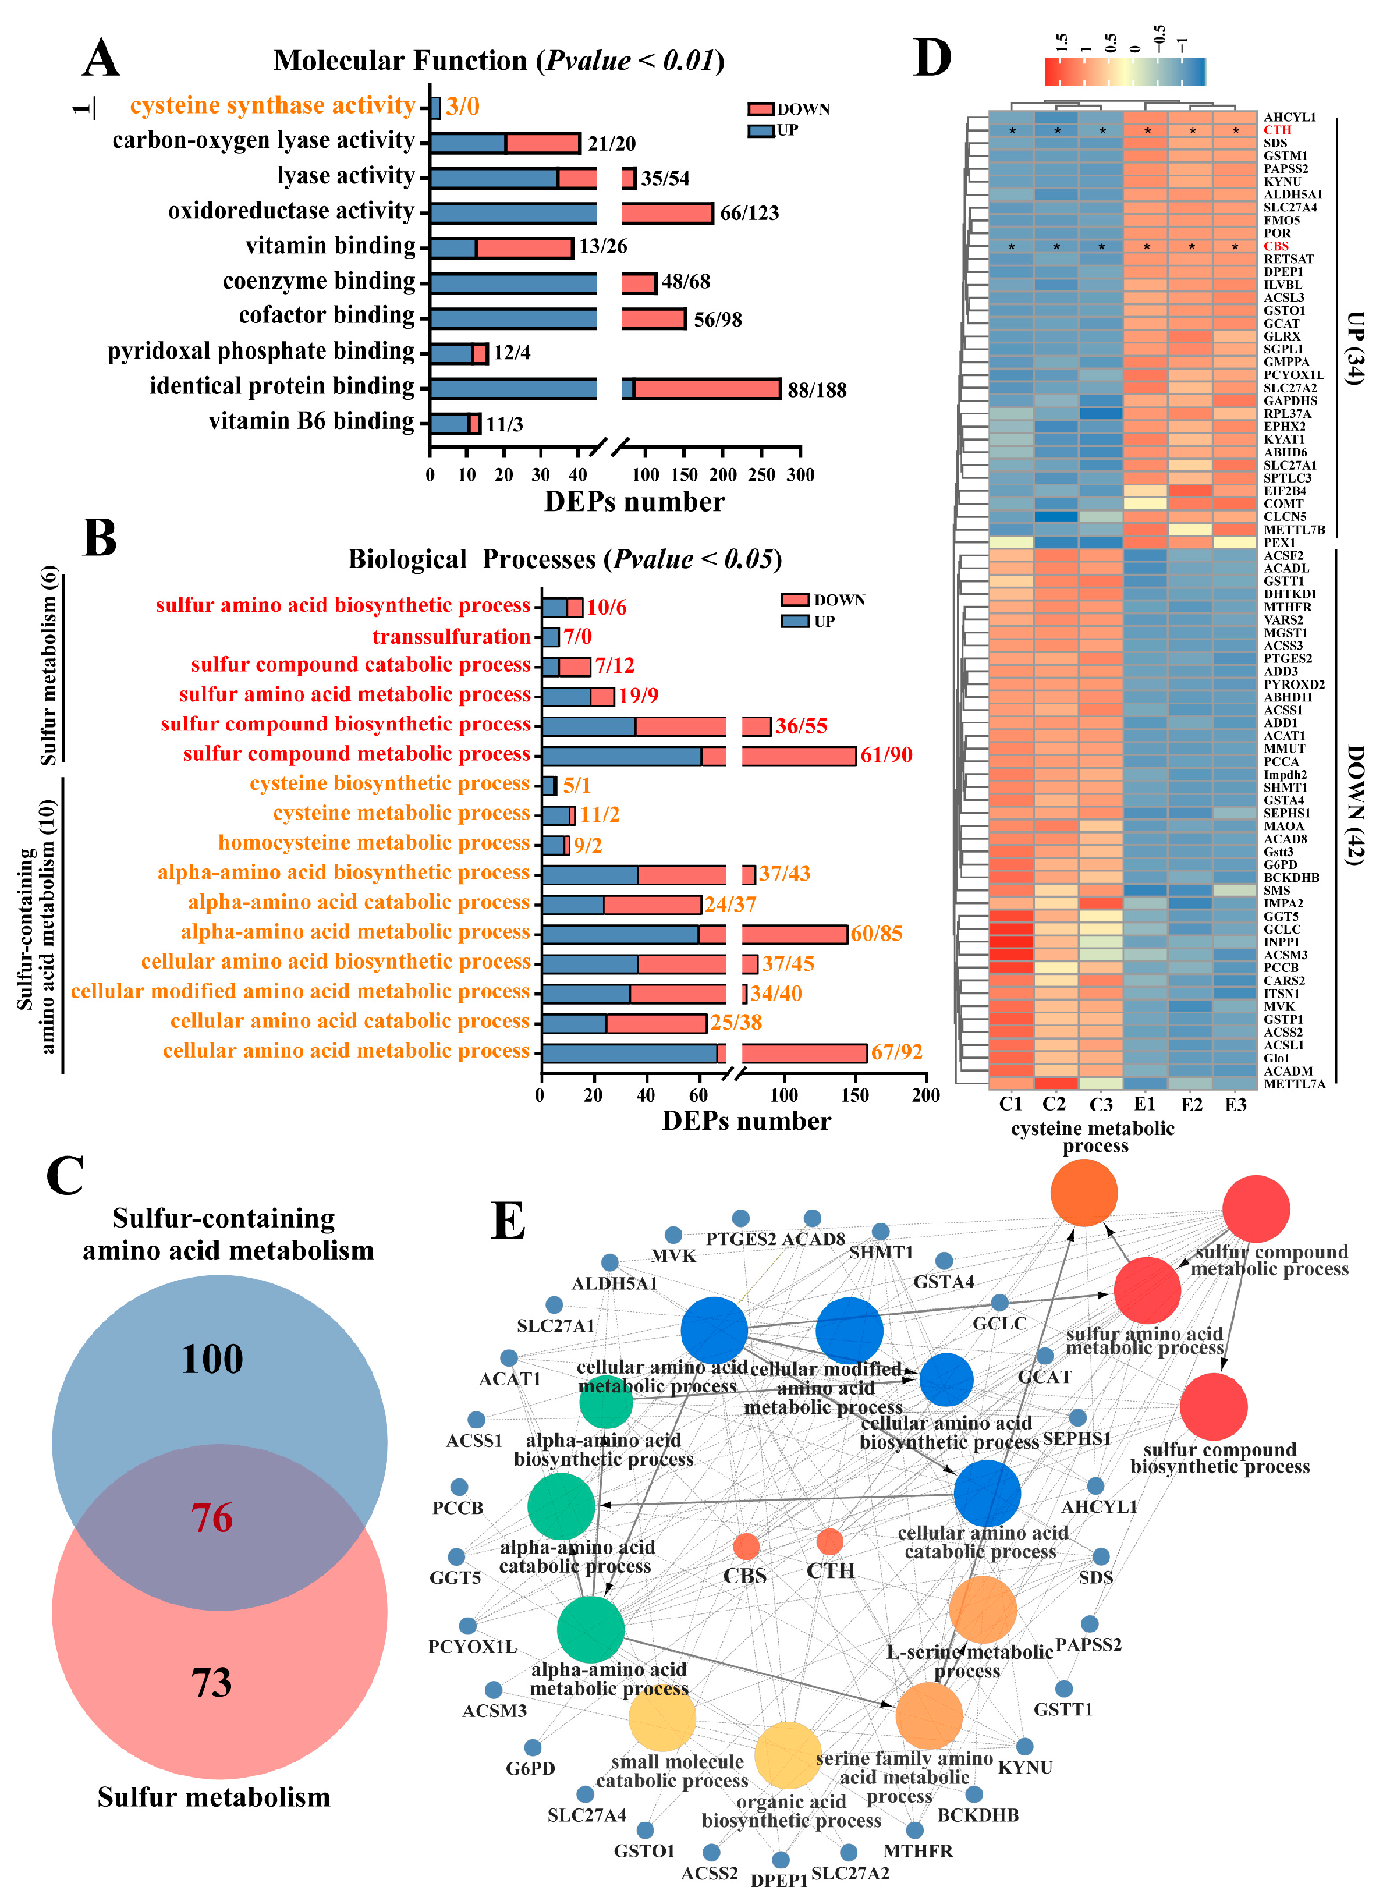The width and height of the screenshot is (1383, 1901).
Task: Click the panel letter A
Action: point(101,59)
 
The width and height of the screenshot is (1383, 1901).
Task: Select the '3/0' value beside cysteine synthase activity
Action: point(463,107)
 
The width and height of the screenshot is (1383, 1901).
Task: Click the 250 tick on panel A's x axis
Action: point(761,475)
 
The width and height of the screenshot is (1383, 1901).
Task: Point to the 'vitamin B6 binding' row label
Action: point(312,421)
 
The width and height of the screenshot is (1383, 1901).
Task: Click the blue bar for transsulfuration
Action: point(551,637)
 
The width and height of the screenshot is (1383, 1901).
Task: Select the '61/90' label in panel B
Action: point(886,755)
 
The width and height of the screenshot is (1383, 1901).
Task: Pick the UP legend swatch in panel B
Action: point(795,621)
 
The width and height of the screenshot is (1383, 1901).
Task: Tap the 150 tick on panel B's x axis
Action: point(855,1095)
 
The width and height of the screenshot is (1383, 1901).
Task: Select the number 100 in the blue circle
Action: point(212,1359)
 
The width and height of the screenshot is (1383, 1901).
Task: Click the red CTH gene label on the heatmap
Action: point(1278,130)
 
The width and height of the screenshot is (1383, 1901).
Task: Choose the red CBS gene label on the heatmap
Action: point(1276,246)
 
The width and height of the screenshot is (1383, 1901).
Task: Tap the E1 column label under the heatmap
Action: point(1145,1104)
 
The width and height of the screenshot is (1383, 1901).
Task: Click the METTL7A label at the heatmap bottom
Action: point(1294,1084)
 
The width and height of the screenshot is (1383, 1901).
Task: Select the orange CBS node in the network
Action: point(745,1545)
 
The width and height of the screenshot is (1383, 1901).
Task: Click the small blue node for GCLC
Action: point(999,1303)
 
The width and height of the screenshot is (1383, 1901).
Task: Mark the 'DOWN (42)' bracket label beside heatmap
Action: point(1354,804)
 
